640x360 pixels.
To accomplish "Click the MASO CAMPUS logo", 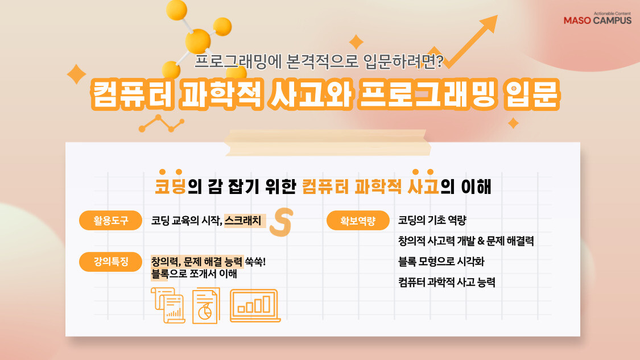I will click(597, 19).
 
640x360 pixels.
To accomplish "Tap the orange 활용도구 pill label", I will click(110, 221).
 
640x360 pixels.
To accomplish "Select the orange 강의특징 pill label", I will click(110, 262).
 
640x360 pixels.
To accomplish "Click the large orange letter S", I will click(280, 222).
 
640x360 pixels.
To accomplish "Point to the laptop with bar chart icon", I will click(254, 306).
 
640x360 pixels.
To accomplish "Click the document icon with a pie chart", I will click(205, 306).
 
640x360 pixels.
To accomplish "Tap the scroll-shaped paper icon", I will click(167, 305).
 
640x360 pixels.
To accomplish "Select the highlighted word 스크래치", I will click(243, 221).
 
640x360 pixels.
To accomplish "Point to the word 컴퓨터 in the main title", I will click(128, 96).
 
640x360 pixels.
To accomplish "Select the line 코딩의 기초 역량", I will click(432, 221).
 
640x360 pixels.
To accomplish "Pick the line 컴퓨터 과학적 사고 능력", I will click(447, 282).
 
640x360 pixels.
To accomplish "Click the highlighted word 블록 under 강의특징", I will click(159, 274).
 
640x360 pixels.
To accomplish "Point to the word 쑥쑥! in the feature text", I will click(255, 262).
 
